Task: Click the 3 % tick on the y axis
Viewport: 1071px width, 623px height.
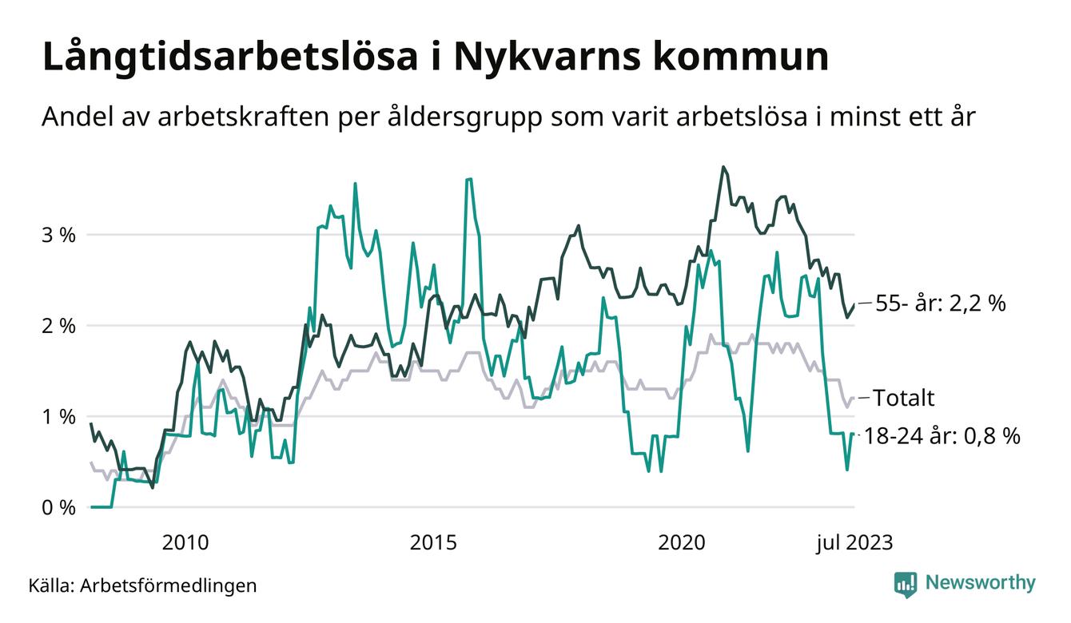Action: pos(58,235)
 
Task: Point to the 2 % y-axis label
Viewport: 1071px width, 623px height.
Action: pos(58,326)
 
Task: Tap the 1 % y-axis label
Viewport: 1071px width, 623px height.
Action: pos(58,417)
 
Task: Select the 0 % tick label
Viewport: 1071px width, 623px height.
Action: pos(58,508)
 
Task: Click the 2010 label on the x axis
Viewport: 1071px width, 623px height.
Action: pos(185,543)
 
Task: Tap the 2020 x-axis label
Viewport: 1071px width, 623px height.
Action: pos(681,543)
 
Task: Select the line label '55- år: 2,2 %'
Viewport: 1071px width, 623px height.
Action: pos(939,304)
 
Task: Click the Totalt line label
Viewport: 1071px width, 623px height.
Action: pos(903,398)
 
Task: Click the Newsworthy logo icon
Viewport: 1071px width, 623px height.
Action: pos(906,583)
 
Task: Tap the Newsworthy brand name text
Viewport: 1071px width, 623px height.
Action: pos(980,583)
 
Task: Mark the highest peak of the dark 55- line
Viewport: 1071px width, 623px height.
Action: pos(723,167)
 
